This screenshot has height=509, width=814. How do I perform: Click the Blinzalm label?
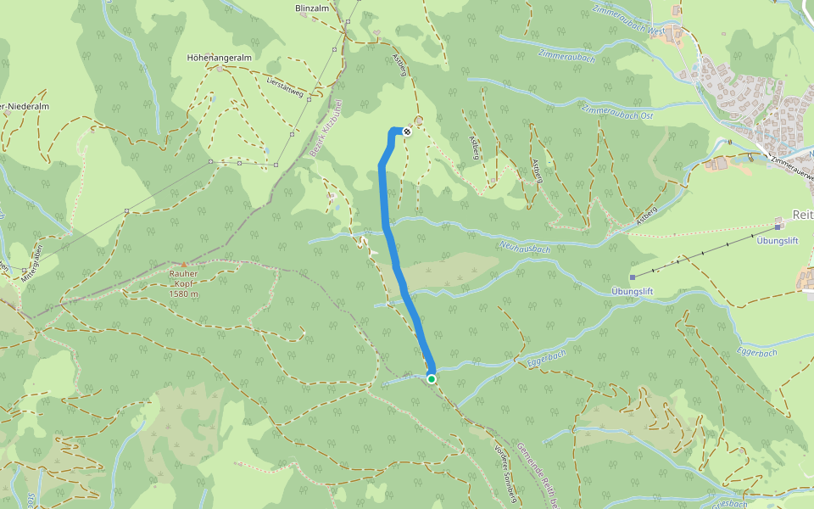click(310, 8)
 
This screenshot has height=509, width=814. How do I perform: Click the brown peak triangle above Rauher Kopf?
click(183, 265)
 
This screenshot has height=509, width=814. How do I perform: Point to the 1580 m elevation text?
click(183, 294)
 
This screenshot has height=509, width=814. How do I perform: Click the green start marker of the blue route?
click(432, 378)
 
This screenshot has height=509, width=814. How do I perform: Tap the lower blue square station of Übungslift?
click(633, 277)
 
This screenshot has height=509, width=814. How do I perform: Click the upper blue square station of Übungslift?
click(778, 227)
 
